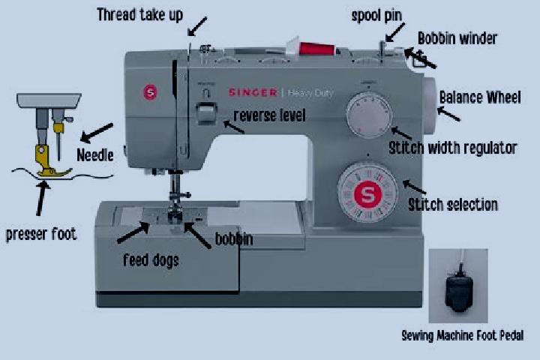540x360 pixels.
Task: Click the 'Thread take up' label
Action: [x=139, y=15]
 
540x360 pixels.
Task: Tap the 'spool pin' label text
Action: [x=376, y=16]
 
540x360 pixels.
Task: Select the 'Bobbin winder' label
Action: [x=457, y=38]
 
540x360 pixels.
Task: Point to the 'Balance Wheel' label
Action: [x=480, y=97]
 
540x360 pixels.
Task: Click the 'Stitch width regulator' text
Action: [x=453, y=148]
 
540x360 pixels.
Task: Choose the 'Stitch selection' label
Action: [x=453, y=205]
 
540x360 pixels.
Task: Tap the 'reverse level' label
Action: [x=269, y=115]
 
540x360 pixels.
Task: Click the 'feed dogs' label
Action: [x=151, y=260]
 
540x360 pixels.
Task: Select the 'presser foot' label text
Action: [x=41, y=235]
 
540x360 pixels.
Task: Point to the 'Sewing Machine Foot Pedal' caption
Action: [x=463, y=335]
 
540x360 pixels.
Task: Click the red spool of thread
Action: [x=316, y=48]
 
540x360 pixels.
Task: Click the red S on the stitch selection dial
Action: [x=367, y=195]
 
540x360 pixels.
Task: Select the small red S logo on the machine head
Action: [x=150, y=92]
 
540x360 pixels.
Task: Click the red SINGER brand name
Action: [x=253, y=92]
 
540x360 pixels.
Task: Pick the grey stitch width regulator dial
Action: [x=369, y=115]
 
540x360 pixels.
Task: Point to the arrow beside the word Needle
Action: [x=97, y=133]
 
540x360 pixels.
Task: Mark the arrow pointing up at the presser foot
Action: [x=42, y=199]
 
